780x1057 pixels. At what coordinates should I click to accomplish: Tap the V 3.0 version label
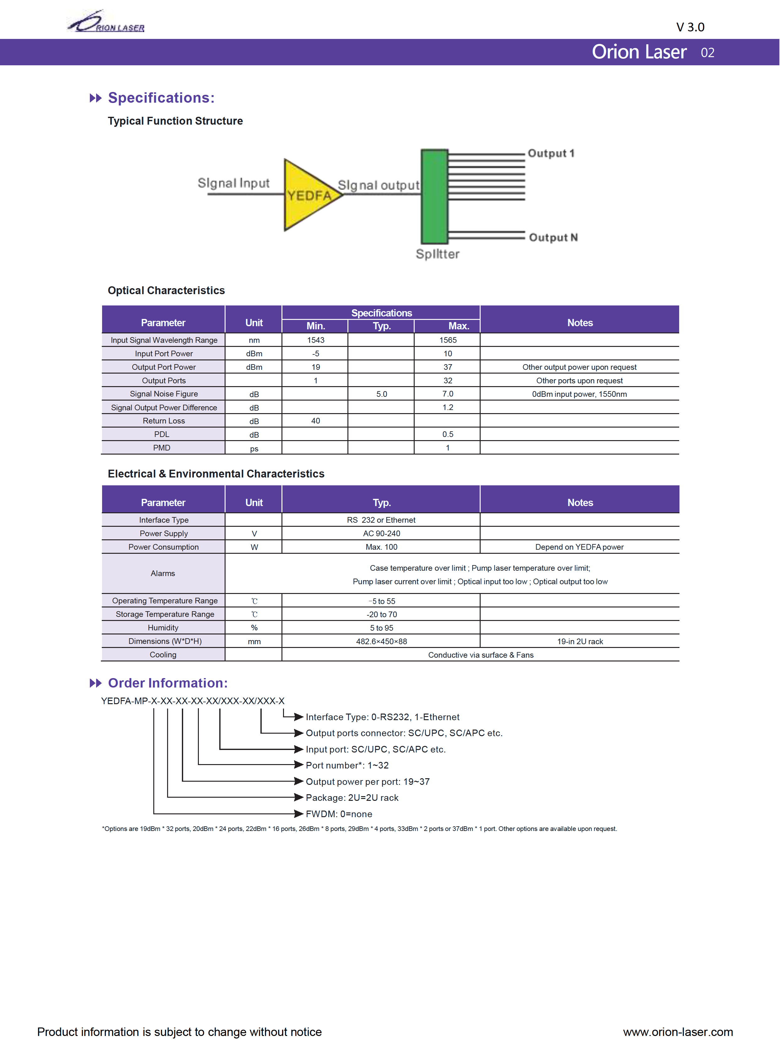(690, 27)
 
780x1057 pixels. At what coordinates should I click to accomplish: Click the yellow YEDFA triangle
(308, 195)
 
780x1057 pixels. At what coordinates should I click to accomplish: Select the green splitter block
(434, 196)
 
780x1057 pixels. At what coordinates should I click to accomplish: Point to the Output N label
(553, 237)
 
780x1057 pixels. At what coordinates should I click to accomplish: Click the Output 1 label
(551, 154)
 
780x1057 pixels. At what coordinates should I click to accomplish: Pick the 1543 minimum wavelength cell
(315, 340)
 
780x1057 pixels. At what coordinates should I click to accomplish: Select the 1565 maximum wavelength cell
(448, 340)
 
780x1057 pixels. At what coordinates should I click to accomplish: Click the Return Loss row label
(163, 421)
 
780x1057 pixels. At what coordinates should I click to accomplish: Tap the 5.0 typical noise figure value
(381, 394)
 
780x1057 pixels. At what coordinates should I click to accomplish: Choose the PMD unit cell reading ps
(254, 448)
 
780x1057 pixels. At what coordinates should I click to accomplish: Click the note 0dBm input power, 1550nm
(579, 394)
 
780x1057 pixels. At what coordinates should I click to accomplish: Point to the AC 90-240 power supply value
(381, 534)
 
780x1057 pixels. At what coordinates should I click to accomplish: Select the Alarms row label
(163, 573)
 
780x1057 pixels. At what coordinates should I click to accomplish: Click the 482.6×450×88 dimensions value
(381, 641)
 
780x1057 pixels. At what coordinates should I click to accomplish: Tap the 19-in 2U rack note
(580, 641)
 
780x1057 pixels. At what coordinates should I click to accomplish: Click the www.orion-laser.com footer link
(678, 1032)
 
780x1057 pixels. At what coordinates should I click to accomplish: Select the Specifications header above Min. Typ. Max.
(381, 313)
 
